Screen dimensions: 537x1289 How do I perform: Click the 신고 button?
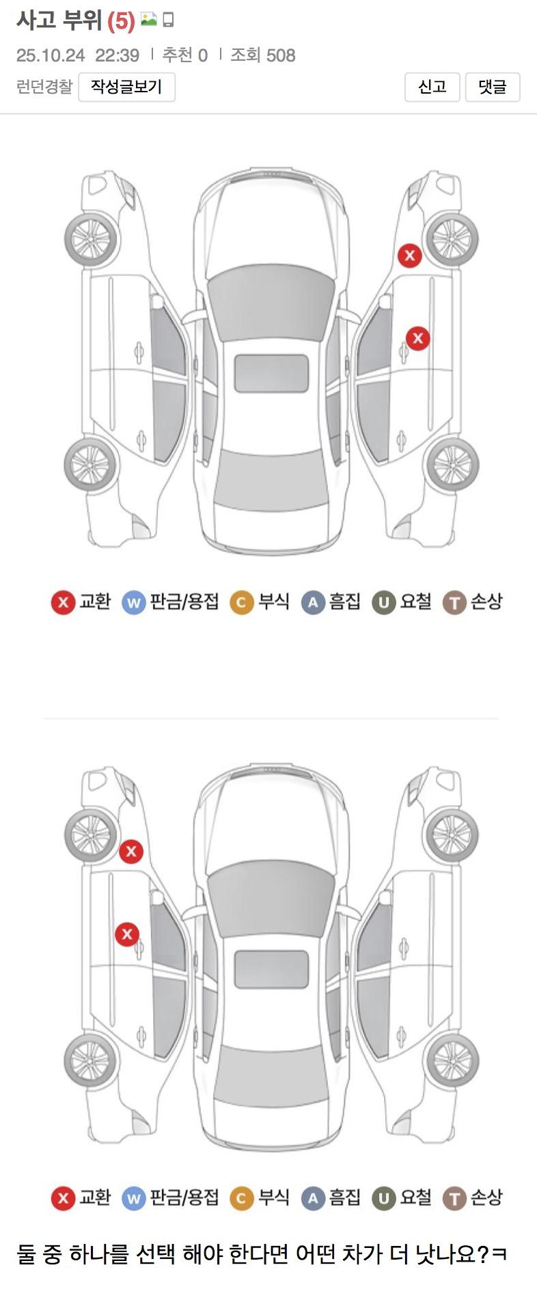(432, 87)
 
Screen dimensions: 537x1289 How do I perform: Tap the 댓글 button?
(493, 87)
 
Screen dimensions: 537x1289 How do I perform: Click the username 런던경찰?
(44, 87)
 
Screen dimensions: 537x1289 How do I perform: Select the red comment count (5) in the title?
(121, 21)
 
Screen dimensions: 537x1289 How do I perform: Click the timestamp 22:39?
(117, 55)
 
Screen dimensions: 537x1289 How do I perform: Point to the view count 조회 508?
(263, 55)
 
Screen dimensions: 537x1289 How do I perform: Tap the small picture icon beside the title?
(148, 20)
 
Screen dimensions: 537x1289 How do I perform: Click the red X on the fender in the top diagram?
(410, 256)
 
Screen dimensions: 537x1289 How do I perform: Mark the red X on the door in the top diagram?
(418, 338)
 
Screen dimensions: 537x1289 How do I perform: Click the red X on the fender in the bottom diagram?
(131, 852)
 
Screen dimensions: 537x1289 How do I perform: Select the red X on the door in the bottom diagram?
(127, 934)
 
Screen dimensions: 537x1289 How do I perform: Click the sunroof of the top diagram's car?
(271, 373)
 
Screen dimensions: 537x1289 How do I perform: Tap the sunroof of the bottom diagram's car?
(271, 969)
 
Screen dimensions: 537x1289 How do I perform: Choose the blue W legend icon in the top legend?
(134, 603)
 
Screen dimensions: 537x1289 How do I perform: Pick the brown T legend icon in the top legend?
(454, 603)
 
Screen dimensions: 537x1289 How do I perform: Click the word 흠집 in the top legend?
(345, 601)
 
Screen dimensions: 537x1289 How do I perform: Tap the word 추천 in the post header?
(178, 55)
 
